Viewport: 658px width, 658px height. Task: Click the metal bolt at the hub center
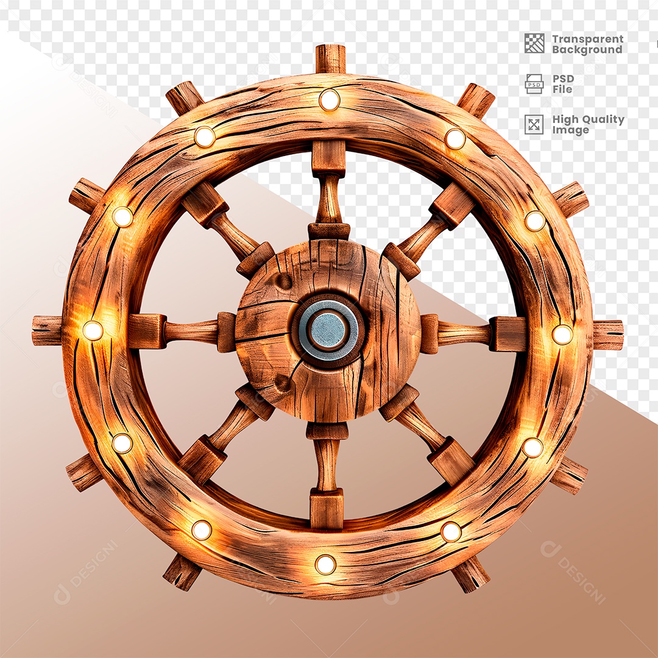pos(328,330)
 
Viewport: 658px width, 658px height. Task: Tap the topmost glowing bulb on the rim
pos(329,100)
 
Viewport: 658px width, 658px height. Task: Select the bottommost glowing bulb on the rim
pos(325,564)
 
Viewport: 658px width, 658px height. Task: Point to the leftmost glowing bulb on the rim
pos(93,330)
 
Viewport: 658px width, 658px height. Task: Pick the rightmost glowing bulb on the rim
pos(562,334)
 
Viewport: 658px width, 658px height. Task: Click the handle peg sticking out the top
pos(331,58)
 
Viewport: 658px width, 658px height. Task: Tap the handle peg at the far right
pos(607,335)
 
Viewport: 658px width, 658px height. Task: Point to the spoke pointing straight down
pos(327,463)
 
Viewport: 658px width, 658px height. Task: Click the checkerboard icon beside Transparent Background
pos(534,43)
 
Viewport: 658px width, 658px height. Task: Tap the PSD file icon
pos(534,83)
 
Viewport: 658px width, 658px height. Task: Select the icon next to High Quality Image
pos(534,124)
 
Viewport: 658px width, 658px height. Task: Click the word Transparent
pos(587,39)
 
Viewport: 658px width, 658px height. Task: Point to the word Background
pos(587,50)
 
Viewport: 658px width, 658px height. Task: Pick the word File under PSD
pos(562,90)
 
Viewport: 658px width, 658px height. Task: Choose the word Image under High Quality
pos(570,130)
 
